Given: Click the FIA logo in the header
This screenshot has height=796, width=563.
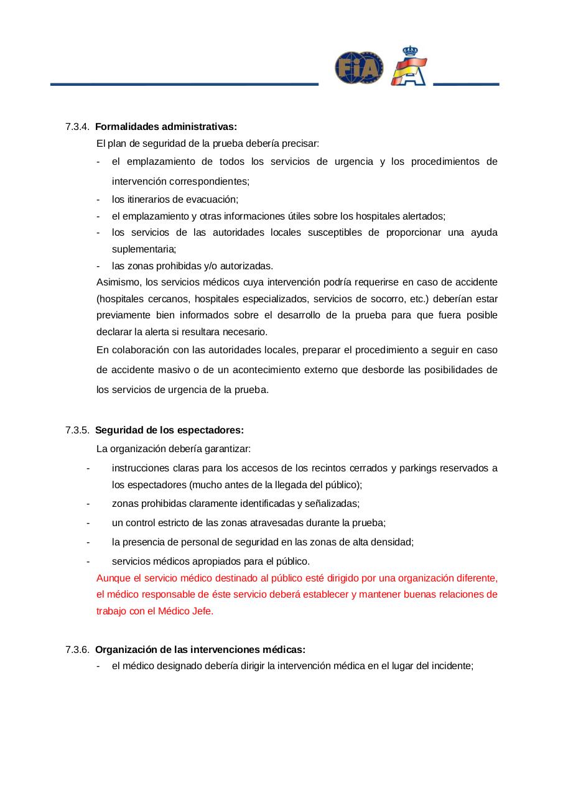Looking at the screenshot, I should coord(359,67).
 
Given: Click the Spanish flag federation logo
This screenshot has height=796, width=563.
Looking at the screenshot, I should coord(409,66).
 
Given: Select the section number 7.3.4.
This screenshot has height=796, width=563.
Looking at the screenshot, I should coord(78,127).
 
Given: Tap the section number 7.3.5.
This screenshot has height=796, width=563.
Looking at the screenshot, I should coord(78,430).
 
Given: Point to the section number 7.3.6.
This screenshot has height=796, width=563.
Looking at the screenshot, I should coord(78,650).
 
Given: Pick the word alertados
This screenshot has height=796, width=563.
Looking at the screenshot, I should coord(422,216).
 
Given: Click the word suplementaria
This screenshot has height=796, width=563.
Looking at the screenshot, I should coord(144,249).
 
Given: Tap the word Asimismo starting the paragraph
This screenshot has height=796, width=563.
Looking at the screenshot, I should coord(118,282).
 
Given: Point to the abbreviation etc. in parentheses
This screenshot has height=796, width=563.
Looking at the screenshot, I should coord(419,298).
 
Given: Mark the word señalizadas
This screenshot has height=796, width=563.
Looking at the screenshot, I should coord(333,503).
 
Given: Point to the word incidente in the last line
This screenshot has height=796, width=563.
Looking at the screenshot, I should coord(452,666).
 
